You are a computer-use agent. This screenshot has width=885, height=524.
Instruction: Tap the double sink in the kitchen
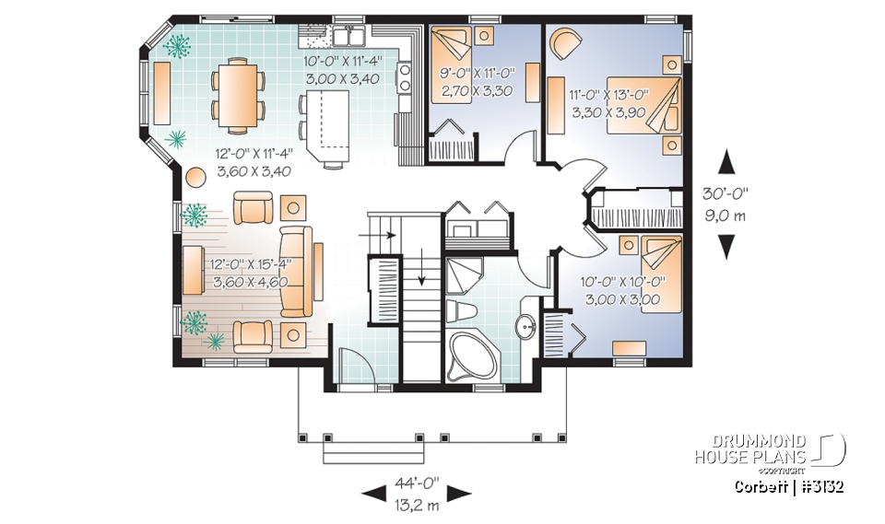click(x=348, y=38)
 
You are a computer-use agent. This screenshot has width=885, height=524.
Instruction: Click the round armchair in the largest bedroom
click(x=564, y=42)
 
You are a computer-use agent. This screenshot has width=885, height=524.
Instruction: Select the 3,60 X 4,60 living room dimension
click(x=249, y=282)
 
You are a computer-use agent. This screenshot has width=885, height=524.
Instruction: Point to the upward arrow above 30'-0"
click(x=726, y=162)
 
